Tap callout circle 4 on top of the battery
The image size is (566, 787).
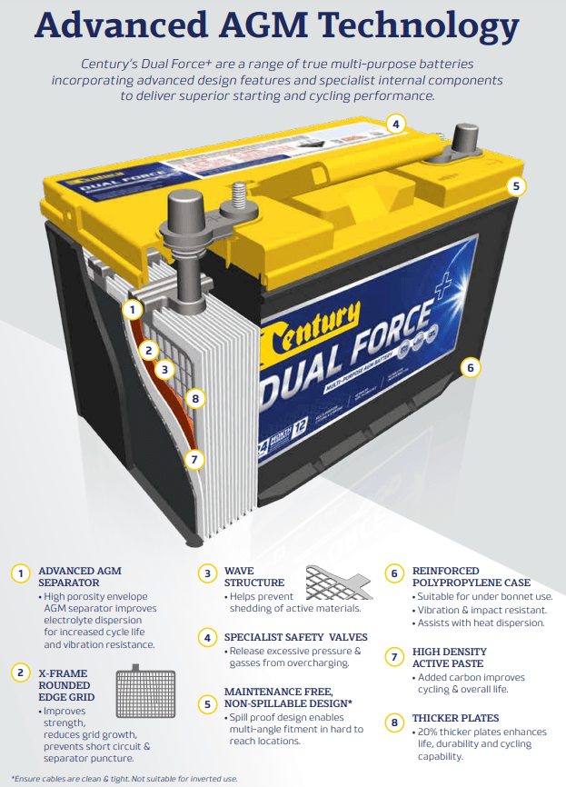[x=394, y=124]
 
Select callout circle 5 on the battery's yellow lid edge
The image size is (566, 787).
[x=515, y=186]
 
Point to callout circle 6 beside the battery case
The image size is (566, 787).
[x=470, y=368]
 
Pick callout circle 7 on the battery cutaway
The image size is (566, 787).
[x=194, y=459]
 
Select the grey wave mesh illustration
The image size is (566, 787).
[x=338, y=582]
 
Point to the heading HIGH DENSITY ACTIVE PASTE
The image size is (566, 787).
[x=450, y=657]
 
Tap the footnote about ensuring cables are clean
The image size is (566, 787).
[x=124, y=778]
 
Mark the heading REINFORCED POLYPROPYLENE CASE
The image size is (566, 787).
[x=472, y=576]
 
